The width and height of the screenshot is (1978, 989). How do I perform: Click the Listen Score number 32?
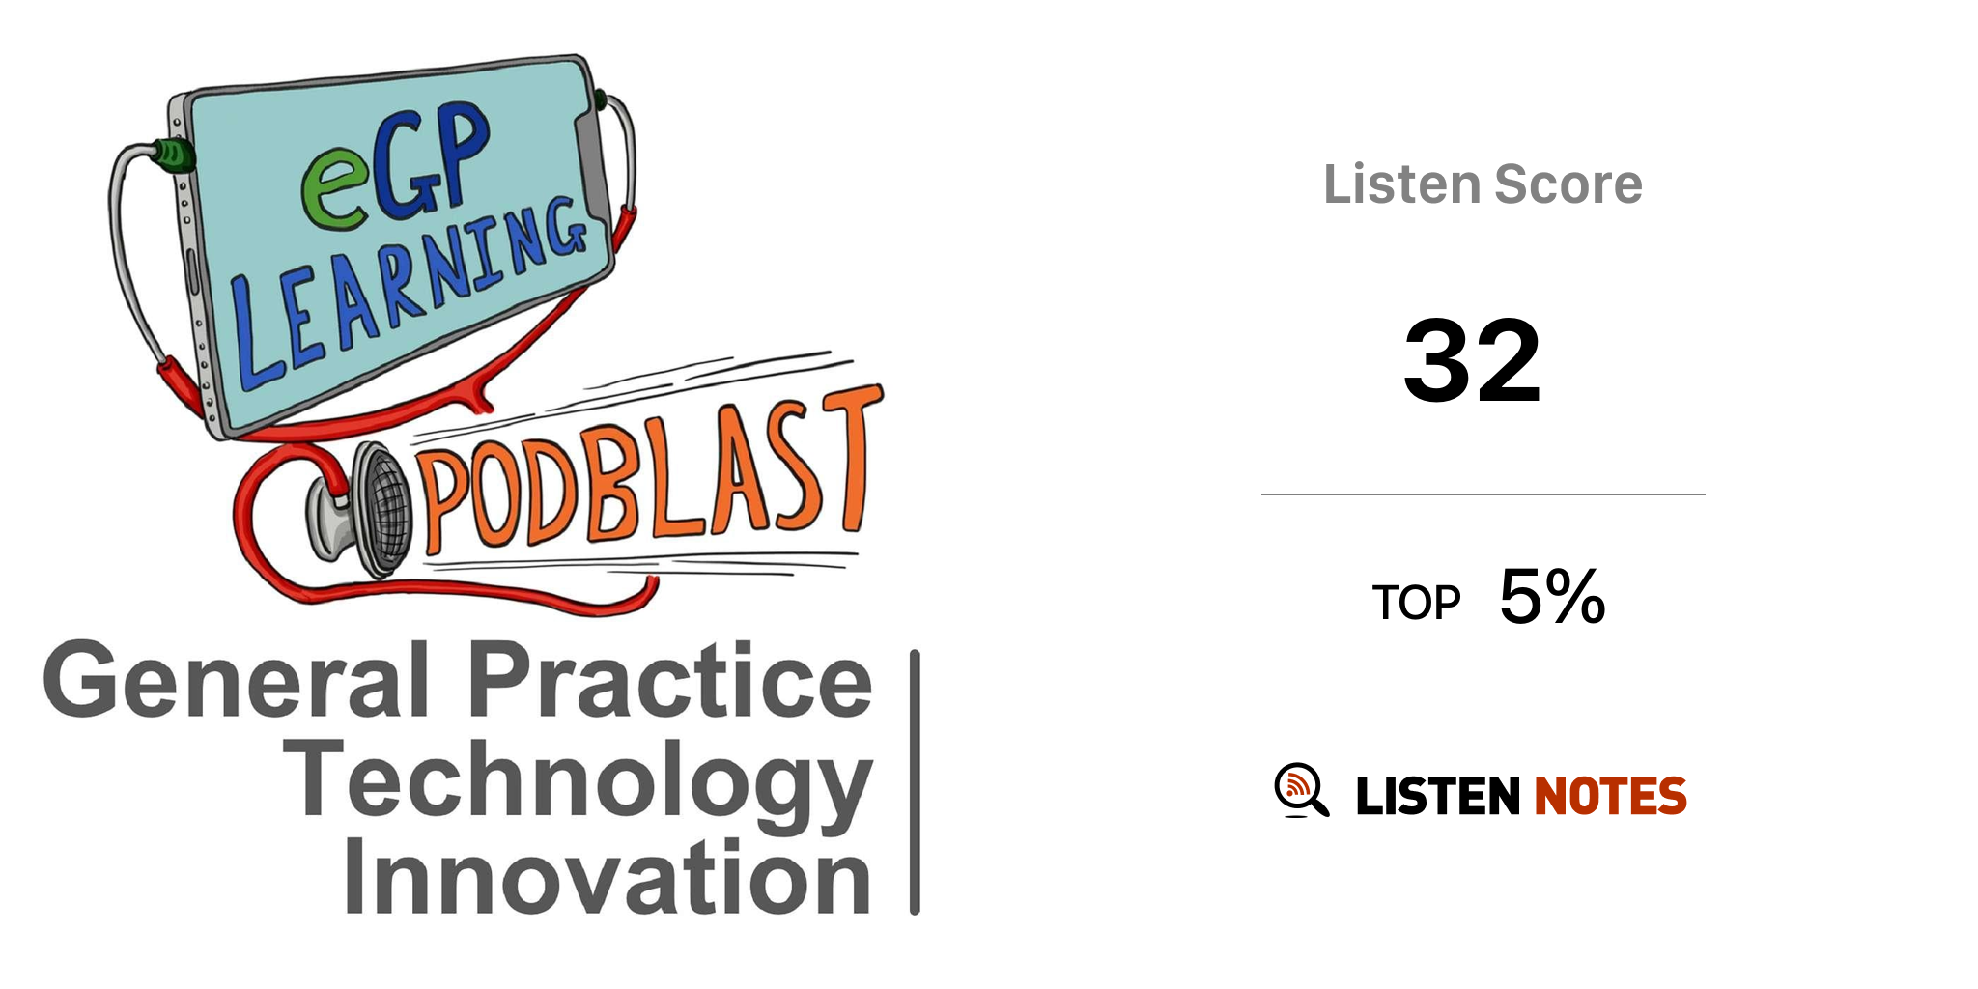tap(1472, 360)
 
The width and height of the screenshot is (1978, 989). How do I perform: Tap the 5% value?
tap(1552, 596)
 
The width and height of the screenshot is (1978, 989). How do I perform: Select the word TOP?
tap(1416, 604)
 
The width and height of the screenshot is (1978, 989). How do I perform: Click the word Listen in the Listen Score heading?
tap(1401, 184)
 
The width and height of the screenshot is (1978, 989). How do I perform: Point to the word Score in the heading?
tap(1568, 184)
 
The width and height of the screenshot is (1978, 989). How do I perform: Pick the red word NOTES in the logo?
tap(1610, 796)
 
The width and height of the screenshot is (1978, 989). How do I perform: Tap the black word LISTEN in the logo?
tap(1438, 796)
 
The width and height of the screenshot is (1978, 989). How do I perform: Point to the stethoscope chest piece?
tap(362, 511)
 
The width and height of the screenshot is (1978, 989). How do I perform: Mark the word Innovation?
tap(608, 876)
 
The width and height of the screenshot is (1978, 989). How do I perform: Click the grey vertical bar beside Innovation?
tap(915, 782)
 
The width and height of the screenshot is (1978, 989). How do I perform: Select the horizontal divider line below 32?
tap(1483, 494)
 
